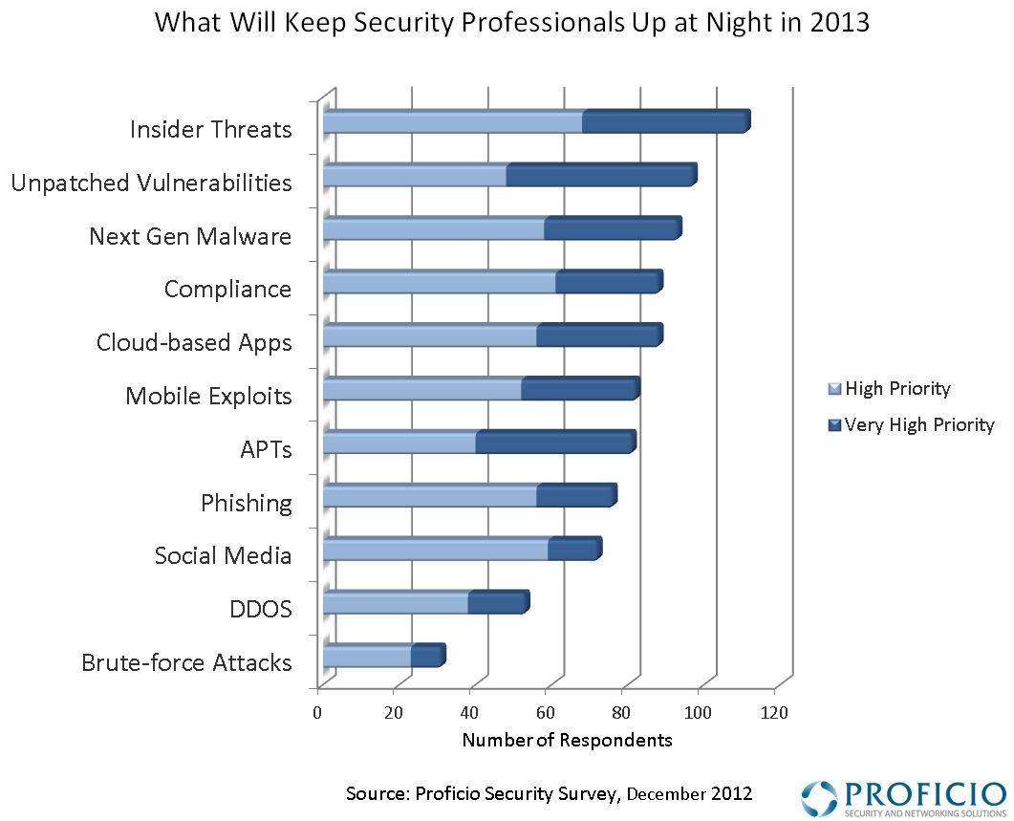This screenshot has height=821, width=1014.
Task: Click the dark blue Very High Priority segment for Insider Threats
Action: [665, 121]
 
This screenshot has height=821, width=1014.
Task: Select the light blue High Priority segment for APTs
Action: [399, 443]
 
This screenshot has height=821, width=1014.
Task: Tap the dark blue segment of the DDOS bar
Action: [497, 603]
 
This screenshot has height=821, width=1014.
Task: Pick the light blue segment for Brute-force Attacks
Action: [367, 657]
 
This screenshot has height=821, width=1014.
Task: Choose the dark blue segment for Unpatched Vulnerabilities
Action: [600, 175]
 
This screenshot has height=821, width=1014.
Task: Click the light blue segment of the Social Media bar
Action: [436, 550]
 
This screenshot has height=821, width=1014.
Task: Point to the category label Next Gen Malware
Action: [189, 236]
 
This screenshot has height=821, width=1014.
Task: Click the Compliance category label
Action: [227, 289]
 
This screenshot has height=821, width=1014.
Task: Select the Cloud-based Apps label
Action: [194, 342]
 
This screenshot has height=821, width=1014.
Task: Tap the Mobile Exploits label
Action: [208, 396]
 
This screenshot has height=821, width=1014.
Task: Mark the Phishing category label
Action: [246, 503]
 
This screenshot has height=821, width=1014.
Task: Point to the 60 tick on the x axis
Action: [546, 712]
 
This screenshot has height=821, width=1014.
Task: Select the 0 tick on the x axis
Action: [318, 712]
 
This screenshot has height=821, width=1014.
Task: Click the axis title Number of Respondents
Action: [567, 740]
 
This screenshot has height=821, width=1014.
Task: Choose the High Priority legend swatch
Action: [832, 389]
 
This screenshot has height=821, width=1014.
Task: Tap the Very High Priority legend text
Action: [919, 424]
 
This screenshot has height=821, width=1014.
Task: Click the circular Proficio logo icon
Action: [818, 798]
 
